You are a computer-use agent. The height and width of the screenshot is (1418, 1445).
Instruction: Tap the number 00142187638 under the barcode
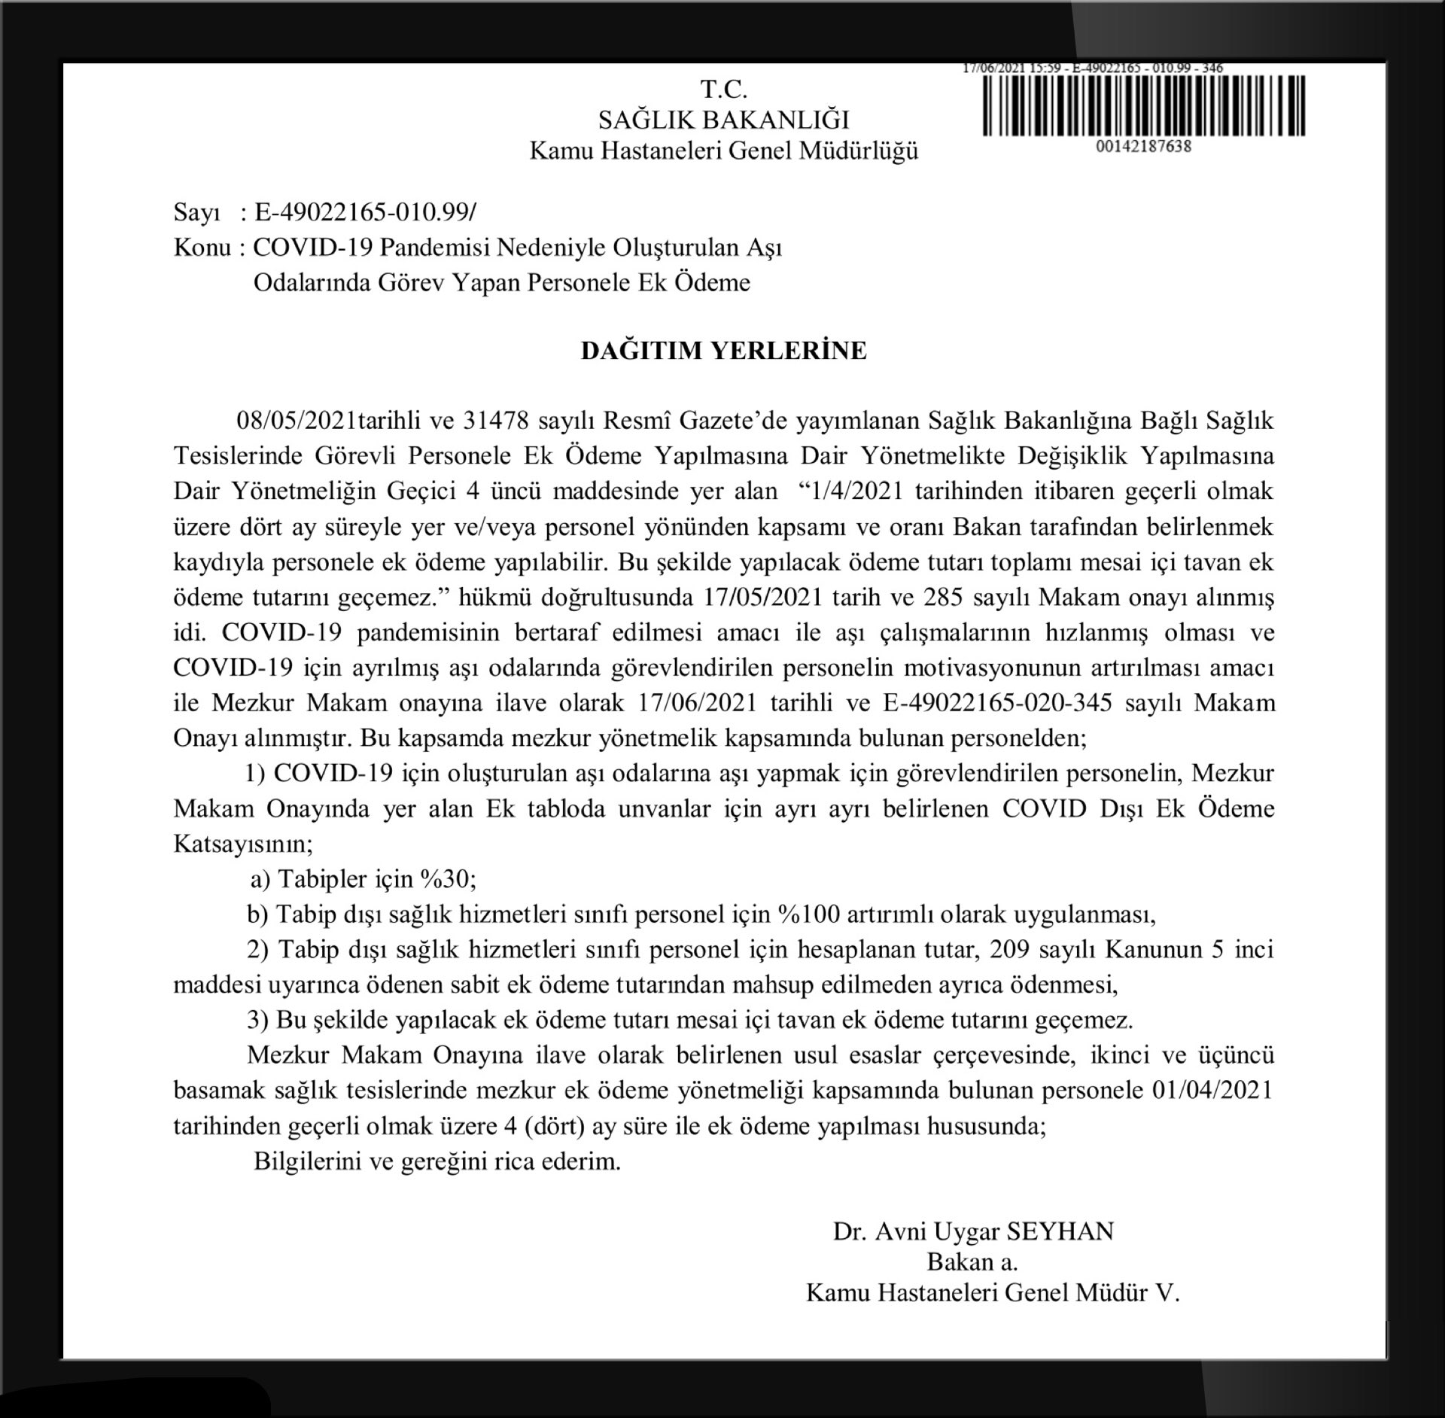click(x=1143, y=146)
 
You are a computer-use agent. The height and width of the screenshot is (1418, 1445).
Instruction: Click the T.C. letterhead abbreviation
click(x=724, y=90)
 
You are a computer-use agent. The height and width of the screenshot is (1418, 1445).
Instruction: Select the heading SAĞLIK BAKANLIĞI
click(x=724, y=120)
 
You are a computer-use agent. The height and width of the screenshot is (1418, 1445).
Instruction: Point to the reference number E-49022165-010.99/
click(x=365, y=213)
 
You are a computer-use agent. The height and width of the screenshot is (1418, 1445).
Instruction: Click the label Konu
click(x=202, y=248)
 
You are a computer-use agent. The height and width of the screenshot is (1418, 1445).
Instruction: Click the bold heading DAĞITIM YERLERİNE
click(x=723, y=351)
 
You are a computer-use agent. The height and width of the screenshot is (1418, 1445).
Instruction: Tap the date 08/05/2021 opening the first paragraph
click(x=297, y=420)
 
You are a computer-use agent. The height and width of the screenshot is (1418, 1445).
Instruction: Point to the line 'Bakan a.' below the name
click(x=972, y=1262)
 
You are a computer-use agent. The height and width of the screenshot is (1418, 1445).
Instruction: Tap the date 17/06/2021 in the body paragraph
click(x=696, y=703)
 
